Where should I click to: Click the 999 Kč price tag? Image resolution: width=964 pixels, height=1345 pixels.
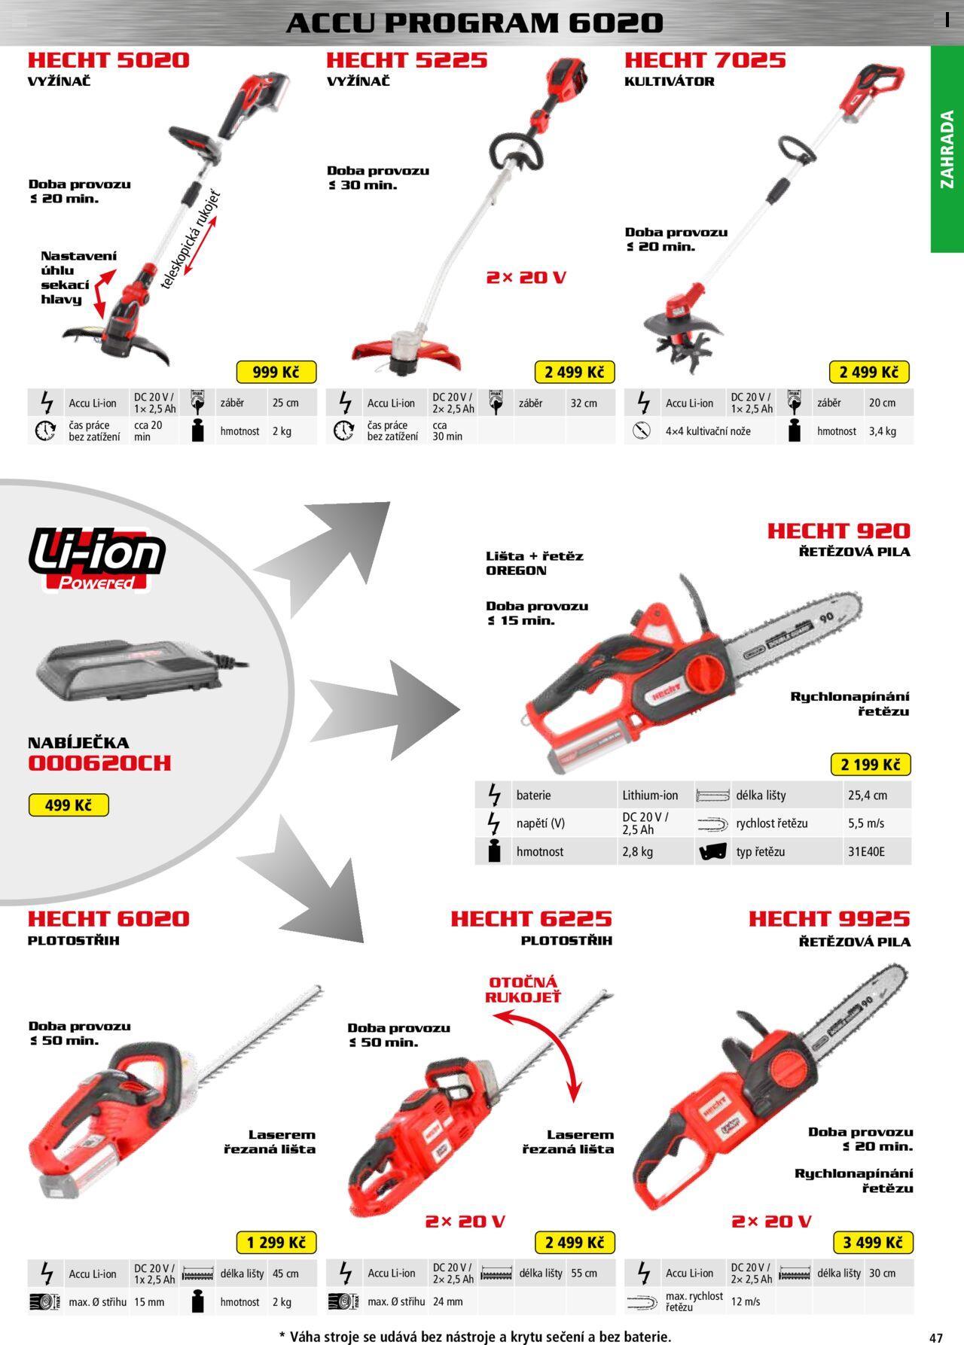(276, 372)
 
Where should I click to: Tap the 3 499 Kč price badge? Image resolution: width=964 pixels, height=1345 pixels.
(873, 1242)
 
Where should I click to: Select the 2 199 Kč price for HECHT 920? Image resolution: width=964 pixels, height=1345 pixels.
(871, 765)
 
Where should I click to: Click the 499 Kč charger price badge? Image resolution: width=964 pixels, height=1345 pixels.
(69, 805)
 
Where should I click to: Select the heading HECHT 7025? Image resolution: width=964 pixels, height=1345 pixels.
(705, 60)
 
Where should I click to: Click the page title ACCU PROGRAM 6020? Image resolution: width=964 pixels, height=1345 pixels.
(474, 23)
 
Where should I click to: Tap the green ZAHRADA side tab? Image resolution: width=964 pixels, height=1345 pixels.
(947, 149)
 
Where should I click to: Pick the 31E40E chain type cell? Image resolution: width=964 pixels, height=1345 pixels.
(867, 852)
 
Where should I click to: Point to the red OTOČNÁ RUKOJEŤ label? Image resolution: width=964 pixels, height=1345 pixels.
(523, 990)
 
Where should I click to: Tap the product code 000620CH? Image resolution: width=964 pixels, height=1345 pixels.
(99, 763)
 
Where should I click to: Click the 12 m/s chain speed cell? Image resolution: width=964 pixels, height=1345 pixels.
(746, 1301)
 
